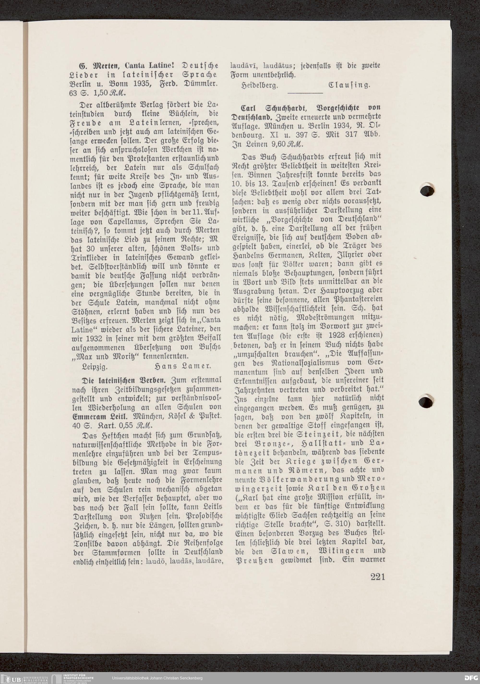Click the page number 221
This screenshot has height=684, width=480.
(378, 577)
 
